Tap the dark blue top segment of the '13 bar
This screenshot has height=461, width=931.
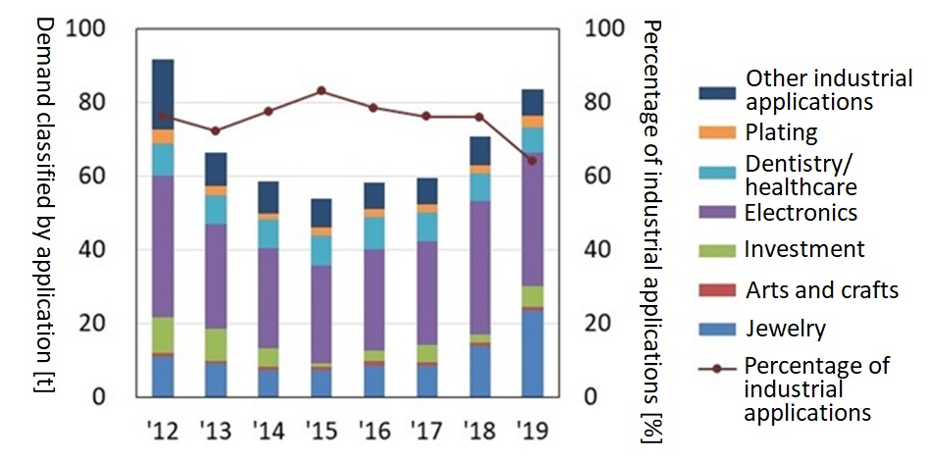tap(216, 169)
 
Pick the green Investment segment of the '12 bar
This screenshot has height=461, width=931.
tap(163, 334)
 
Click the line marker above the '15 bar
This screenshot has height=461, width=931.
tap(321, 90)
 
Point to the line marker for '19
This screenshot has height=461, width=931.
tap(533, 160)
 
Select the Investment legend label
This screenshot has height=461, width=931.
tap(804, 249)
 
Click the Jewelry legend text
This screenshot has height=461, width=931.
tap(785, 329)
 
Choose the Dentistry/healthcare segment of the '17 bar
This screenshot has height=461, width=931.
tap(427, 227)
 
